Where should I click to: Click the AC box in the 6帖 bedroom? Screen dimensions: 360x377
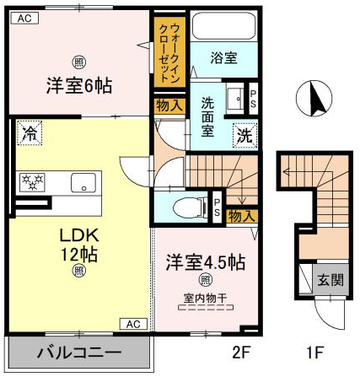(24, 19)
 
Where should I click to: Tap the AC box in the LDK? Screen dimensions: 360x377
(133, 324)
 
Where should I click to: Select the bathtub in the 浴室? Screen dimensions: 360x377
(224, 26)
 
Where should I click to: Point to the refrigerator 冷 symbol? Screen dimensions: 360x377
(30, 132)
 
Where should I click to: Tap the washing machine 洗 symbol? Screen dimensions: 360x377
(245, 136)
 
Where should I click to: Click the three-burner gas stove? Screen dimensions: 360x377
(32, 182)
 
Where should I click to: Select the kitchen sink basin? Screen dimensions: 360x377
(83, 182)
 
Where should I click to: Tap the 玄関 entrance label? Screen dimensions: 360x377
(330, 280)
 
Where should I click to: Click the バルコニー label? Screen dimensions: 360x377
(79, 353)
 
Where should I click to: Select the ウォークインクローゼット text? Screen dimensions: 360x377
(169, 52)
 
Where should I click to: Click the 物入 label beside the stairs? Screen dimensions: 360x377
(241, 217)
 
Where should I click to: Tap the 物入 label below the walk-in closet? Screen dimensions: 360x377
(169, 106)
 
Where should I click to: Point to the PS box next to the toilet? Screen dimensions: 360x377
(217, 207)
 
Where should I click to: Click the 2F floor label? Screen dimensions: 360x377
(241, 352)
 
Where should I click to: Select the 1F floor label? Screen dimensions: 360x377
(315, 352)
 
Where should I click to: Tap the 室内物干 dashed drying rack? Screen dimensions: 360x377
(206, 307)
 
